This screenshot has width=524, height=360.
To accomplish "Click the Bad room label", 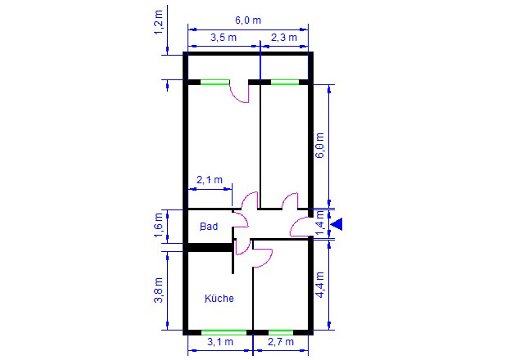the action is click(209, 227).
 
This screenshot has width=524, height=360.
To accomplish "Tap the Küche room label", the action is click(219, 298).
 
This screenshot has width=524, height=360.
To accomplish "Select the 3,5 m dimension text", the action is click(224, 38).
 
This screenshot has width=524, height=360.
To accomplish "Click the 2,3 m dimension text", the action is click(284, 38).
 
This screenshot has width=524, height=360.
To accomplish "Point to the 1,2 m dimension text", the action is click(158, 22).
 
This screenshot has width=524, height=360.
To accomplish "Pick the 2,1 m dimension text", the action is click(210, 180).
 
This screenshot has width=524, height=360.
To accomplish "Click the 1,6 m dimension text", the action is click(158, 225).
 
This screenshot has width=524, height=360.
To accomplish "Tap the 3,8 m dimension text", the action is click(158, 290).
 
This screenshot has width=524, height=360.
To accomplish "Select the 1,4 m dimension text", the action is click(320, 223).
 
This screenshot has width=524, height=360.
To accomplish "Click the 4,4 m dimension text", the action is click(320, 285).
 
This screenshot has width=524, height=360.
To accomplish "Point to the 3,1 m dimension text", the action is click(220, 342).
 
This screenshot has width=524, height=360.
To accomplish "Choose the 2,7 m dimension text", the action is click(281, 342).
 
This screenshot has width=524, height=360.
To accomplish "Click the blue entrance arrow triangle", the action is click(337, 223).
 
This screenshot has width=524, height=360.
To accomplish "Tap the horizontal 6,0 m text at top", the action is click(248, 20).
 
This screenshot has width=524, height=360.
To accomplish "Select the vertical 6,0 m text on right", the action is click(320, 146).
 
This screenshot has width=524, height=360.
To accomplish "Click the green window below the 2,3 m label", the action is click(285, 82).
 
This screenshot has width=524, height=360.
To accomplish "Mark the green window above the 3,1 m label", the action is click(224, 332).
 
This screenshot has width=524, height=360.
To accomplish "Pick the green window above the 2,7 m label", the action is click(281, 332).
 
